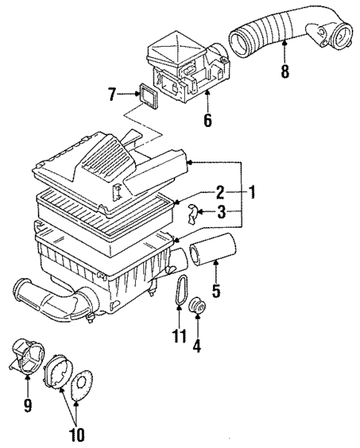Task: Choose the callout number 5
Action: pyautogui.click(x=216, y=290)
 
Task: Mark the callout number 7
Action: pyautogui.click(x=111, y=94)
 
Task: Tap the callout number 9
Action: pyautogui.click(x=27, y=406)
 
